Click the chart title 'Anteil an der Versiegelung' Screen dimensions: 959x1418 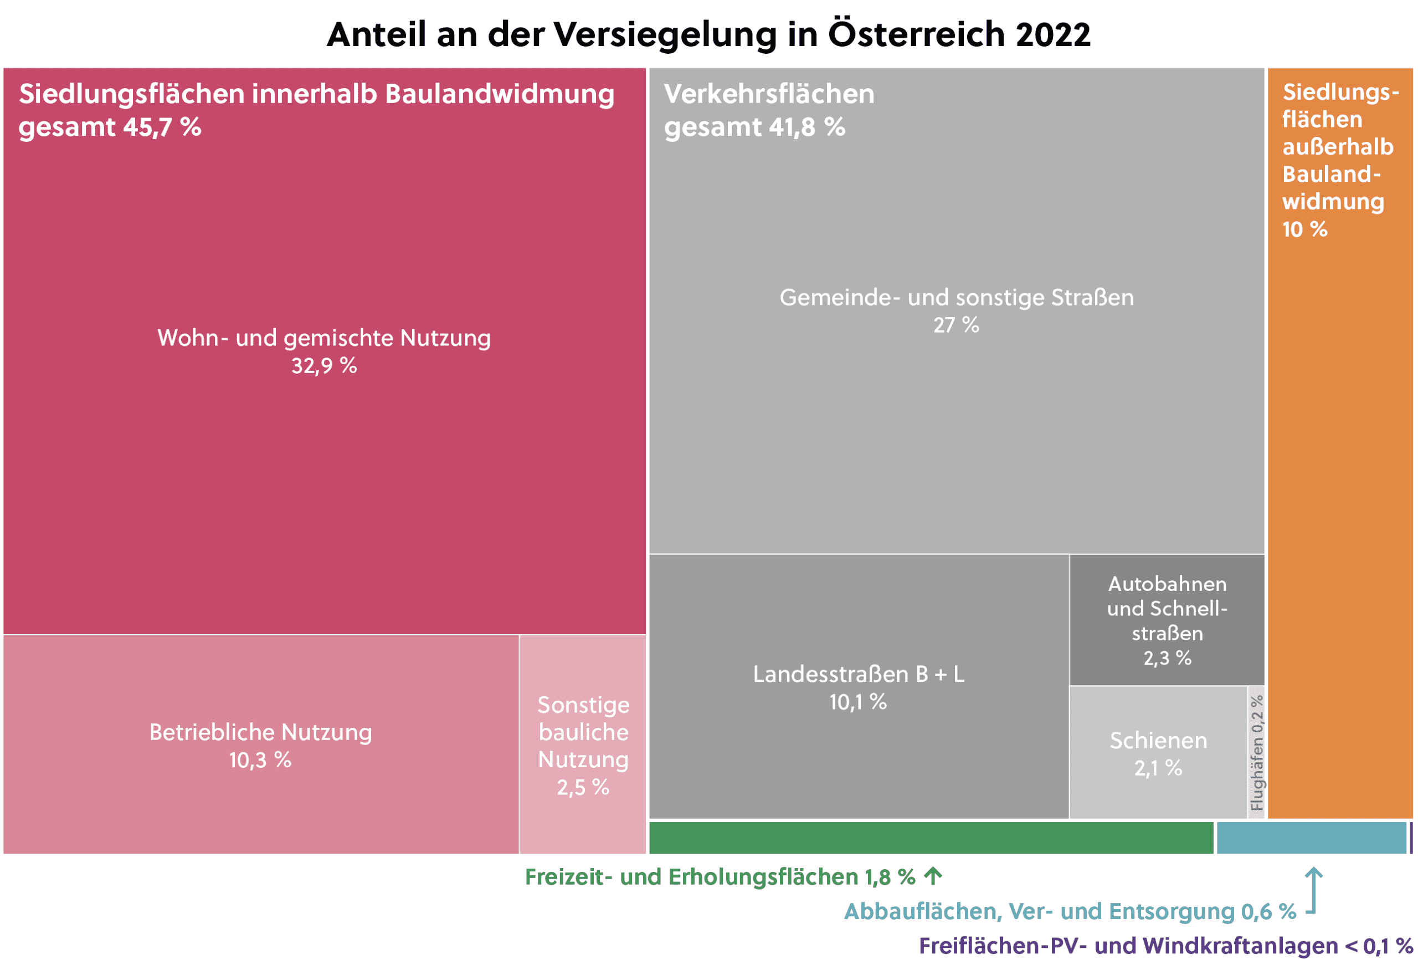point(708,34)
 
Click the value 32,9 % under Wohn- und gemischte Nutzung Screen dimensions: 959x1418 point(324,366)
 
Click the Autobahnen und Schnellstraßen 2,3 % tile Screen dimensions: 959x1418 point(1167,620)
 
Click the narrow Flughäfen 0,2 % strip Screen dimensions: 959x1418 point(1256,752)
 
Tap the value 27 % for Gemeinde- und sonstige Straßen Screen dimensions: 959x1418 point(955,325)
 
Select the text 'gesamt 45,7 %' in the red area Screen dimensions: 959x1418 point(110,127)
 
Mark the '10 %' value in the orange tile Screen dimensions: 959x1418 point(1304,229)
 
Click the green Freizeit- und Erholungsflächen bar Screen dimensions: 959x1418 point(931,838)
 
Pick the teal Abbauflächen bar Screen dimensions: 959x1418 point(1311,838)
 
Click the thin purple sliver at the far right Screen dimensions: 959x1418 point(1411,838)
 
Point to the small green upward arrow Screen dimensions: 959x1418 point(933,876)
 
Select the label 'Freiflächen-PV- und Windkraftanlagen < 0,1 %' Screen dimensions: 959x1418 point(1165,945)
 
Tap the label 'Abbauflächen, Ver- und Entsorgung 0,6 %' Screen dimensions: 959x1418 point(1070,911)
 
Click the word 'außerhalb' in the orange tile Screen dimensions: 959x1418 point(1338,146)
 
